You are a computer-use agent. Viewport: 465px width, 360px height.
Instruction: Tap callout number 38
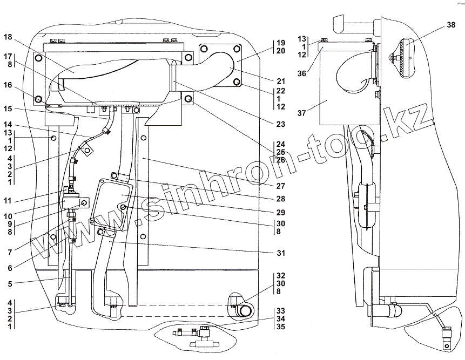click(451, 25)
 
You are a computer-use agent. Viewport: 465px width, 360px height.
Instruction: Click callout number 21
click(280, 81)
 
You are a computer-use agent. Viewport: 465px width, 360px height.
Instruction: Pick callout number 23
click(280, 124)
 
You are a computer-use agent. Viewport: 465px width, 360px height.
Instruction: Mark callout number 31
click(280, 253)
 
